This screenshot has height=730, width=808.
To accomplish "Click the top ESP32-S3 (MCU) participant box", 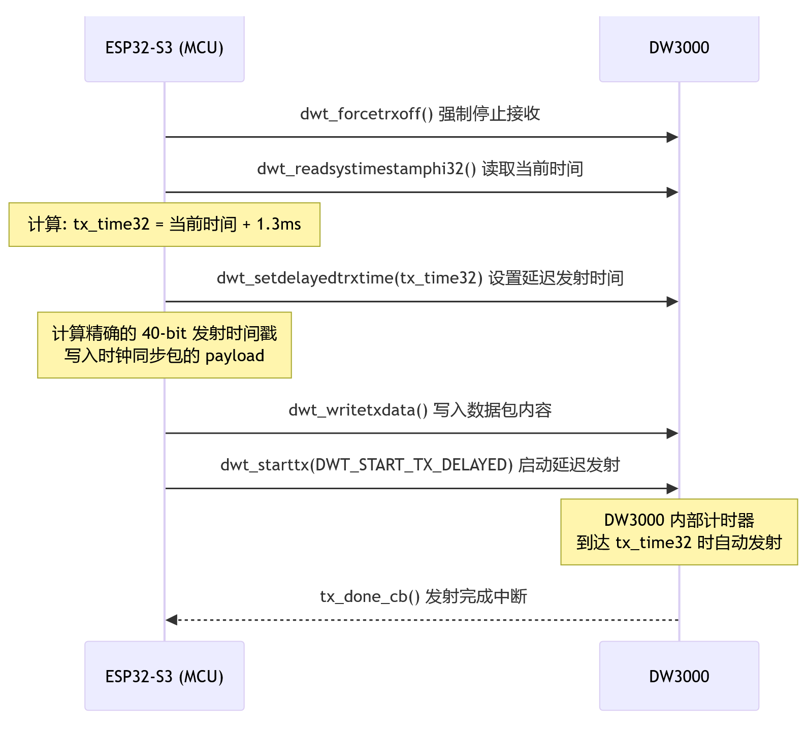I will pyautogui.click(x=164, y=48).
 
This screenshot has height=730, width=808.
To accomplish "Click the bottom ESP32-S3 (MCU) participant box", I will pyautogui.click(x=164, y=676).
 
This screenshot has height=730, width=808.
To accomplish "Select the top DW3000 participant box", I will pyautogui.click(x=678, y=48).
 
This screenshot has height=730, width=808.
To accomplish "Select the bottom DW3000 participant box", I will pyautogui.click(x=678, y=676).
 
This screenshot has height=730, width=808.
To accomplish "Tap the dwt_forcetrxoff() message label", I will pyautogui.click(x=420, y=114).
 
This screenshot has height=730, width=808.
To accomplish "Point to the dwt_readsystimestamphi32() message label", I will pyautogui.click(x=420, y=169).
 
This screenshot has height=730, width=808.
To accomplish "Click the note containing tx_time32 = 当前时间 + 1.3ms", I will pyautogui.click(x=164, y=225).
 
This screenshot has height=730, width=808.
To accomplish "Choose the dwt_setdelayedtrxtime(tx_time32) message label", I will pyautogui.click(x=420, y=278).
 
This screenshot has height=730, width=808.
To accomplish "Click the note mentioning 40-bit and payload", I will pyautogui.click(x=164, y=345).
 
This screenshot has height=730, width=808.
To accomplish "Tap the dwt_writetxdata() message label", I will pyautogui.click(x=420, y=410).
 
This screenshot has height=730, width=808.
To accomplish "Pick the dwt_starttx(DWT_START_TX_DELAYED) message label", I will pyautogui.click(x=420, y=465).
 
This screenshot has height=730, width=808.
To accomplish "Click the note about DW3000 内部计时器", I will pyautogui.click(x=678, y=532).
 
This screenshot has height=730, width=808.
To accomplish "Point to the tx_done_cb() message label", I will pyautogui.click(x=424, y=596).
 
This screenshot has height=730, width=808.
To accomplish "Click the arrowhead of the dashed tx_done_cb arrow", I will pyautogui.click(x=172, y=620).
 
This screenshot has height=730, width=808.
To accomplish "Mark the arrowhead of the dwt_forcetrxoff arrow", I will pyautogui.click(x=672, y=137).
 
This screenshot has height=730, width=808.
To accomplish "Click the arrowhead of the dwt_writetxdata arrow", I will pyautogui.click(x=672, y=433).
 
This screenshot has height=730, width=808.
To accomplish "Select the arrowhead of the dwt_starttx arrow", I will pyautogui.click(x=672, y=489).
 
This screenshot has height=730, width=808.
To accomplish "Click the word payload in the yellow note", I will pyautogui.click(x=235, y=356).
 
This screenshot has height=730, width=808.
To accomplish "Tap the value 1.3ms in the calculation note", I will pyautogui.click(x=279, y=225).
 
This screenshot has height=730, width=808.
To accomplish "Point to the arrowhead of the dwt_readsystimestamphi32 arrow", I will pyautogui.click(x=672, y=192).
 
